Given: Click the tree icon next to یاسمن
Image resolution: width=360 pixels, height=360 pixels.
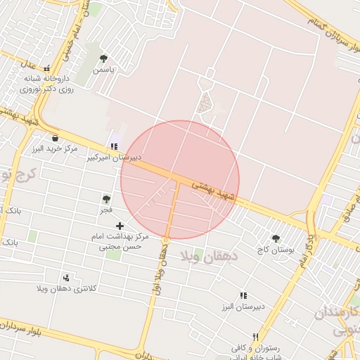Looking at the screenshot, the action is coord(104,58).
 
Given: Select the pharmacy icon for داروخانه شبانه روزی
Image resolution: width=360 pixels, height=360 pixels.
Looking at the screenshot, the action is coord(47,69).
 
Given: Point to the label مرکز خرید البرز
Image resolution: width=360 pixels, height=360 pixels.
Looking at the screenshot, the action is coord(54,150).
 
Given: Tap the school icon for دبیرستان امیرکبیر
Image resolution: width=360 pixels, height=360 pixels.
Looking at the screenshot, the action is coord(113,146).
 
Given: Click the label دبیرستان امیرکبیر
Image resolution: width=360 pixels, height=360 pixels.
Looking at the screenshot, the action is coord(114,157).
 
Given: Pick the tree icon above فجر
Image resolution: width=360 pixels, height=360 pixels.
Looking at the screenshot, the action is coord(106,199).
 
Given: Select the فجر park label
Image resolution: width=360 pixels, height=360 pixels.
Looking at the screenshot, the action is coord(107,210).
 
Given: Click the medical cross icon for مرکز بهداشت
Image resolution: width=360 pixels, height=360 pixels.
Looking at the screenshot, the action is coord(120,226).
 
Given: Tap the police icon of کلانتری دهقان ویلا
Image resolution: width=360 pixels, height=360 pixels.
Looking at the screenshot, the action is coord(66,278).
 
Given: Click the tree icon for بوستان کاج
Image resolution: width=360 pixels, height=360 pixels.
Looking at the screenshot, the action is coord(276,238).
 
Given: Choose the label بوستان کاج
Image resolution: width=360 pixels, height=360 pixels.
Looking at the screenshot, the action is coord(274,250).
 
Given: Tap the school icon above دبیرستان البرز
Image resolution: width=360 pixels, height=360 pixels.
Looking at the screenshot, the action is coord(243,296).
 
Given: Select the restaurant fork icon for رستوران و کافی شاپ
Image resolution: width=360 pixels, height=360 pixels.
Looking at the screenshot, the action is coord(255,337).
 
